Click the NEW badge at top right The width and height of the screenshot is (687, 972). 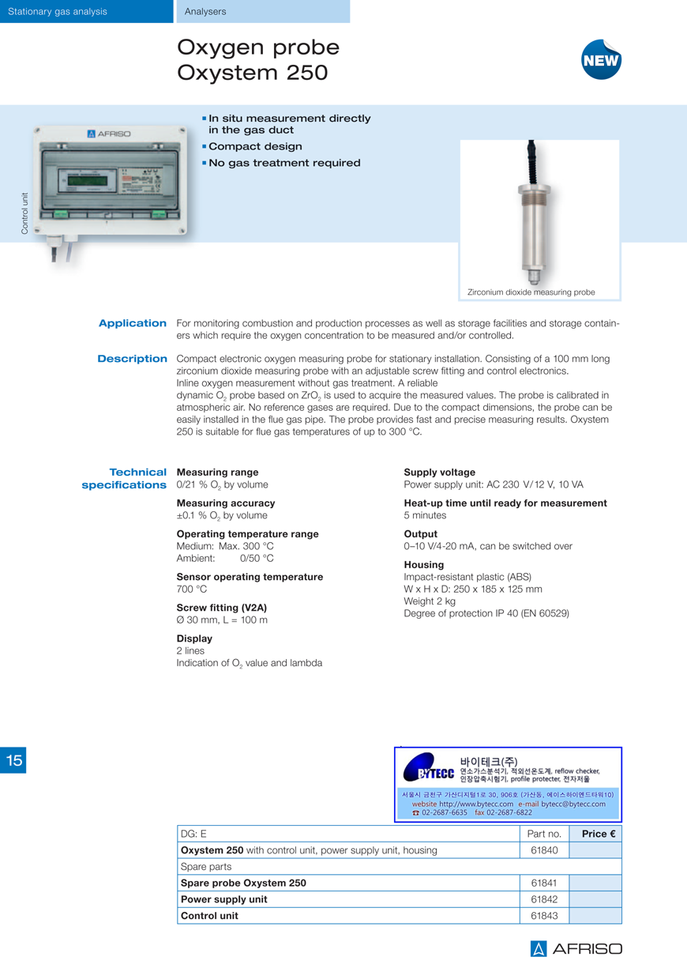601,60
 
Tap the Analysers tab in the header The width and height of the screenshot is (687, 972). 205,11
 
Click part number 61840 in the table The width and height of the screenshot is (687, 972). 544,850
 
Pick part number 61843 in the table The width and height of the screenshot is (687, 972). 544,916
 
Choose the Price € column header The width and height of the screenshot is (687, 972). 598,834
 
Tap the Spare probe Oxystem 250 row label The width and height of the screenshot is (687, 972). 243,883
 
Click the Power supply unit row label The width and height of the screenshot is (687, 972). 224,899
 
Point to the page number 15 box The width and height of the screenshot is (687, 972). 13,760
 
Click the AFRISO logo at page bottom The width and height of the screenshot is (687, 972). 576,949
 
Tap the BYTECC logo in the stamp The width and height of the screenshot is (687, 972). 429,771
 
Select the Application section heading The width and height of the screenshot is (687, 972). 133,323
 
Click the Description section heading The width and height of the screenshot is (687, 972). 132,359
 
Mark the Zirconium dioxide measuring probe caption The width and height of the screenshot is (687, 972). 531,292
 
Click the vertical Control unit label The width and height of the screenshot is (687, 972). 24,213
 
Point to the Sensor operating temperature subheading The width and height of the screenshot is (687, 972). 250,577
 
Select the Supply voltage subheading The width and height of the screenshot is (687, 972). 440,473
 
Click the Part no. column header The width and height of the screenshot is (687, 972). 544,834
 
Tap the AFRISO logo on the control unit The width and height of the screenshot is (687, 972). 109,134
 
